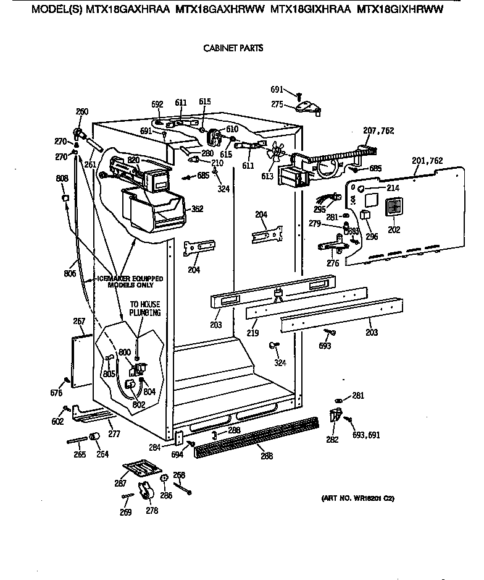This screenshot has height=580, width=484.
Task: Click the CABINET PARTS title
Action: point(233,48)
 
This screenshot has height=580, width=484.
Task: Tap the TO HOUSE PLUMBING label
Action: point(144,309)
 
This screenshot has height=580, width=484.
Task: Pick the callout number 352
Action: point(197,209)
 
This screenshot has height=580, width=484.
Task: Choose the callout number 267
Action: point(78,321)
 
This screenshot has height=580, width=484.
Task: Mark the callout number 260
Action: point(81,112)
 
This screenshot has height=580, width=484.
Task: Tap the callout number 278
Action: point(151,511)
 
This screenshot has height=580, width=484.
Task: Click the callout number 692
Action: point(157,104)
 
